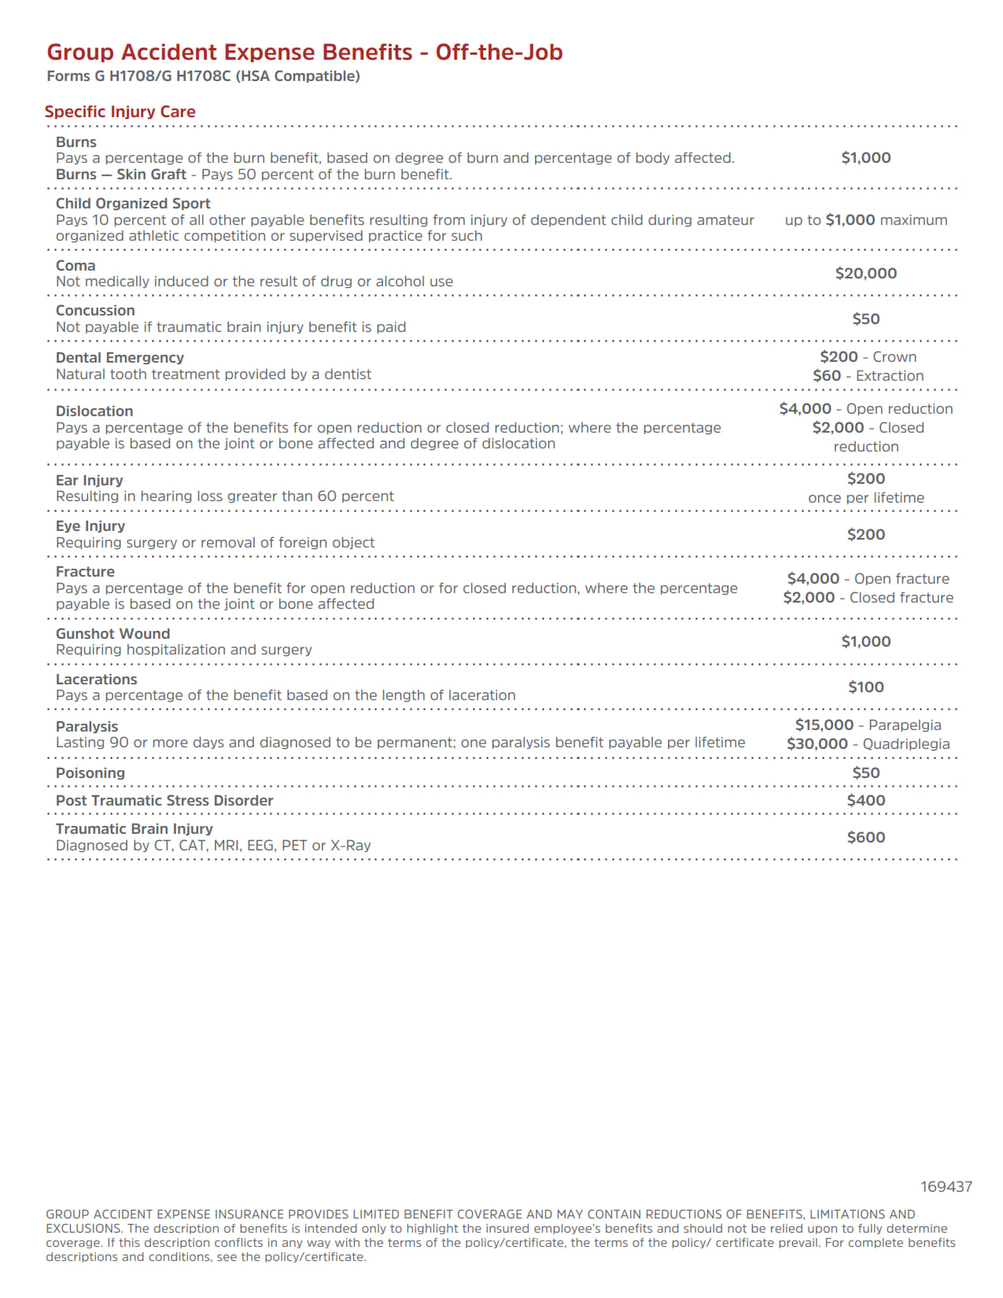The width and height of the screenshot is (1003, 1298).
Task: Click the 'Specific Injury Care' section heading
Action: coord(120,112)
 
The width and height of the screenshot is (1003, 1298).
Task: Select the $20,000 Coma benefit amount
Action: coord(865,273)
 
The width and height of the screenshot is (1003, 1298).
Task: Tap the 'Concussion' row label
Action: coord(95,311)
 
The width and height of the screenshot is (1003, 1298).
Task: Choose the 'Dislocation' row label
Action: coord(94,411)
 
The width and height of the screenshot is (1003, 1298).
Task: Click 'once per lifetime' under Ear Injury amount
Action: coord(865,498)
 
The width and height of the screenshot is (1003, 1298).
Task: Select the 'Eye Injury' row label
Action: coord(90,526)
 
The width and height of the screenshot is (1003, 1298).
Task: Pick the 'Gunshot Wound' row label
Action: coord(112,634)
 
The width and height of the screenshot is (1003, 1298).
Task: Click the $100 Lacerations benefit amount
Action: coord(865,687)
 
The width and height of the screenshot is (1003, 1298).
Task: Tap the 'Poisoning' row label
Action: coord(90,773)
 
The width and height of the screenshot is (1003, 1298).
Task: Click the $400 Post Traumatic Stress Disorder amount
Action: coord(865,801)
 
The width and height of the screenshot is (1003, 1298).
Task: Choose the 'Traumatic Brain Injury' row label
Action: coord(135,829)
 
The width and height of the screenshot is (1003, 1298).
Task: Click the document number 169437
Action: coord(946,1186)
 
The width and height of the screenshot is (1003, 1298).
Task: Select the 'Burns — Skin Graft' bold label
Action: coord(121,175)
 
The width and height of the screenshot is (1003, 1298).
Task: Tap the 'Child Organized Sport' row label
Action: coord(133,204)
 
